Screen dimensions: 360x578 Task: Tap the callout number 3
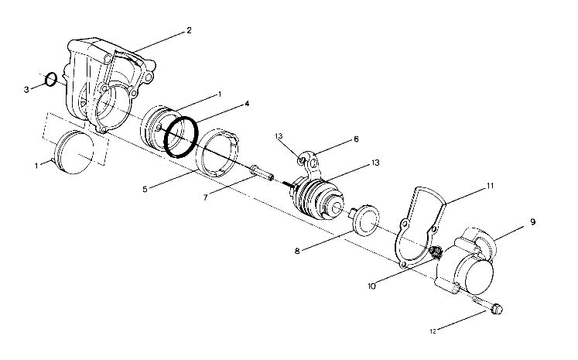(26, 90)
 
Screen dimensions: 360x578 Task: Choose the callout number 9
(532, 223)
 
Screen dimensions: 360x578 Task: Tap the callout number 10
(372, 286)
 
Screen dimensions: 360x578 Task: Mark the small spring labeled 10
(436, 252)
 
